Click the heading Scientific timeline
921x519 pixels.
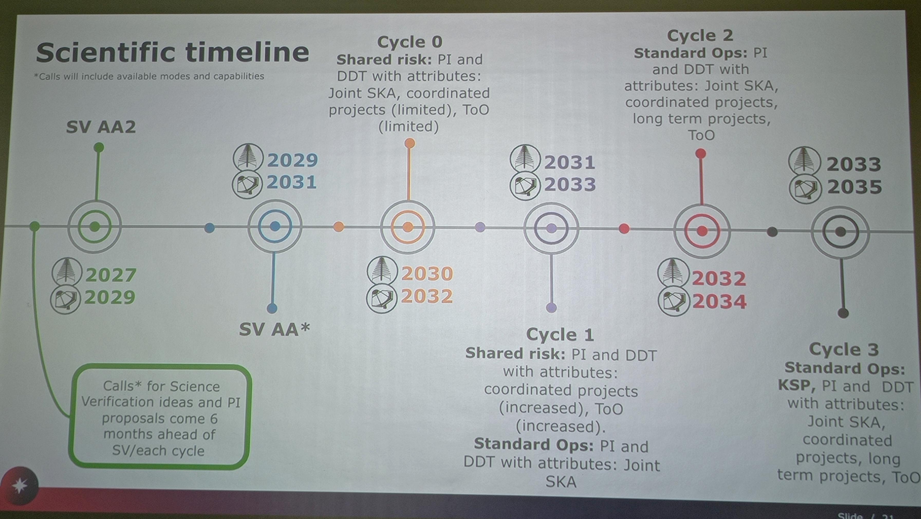(172, 53)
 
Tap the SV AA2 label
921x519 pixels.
(101, 127)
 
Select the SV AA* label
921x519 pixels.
(274, 329)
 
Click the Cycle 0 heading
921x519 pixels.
(410, 42)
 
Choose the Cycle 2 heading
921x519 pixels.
(700, 35)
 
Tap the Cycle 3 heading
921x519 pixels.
(844, 349)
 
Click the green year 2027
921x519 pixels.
(110, 275)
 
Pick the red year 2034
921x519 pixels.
(719, 302)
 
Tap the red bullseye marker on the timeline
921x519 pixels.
(702, 231)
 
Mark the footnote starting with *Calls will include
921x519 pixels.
(149, 76)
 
